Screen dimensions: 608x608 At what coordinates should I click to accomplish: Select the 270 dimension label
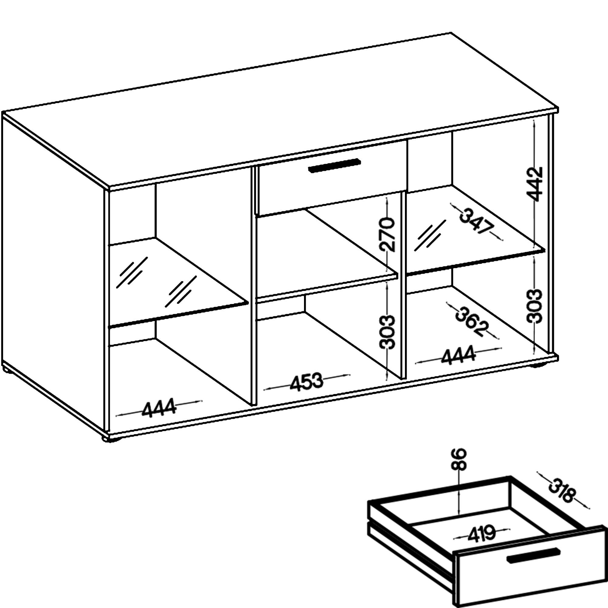click(x=387, y=234)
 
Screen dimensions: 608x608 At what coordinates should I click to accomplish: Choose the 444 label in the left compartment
click(x=159, y=408)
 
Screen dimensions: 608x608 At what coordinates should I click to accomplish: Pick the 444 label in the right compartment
click(x=458, y=355)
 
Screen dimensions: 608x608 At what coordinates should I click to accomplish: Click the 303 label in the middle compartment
click(x=387, y=332)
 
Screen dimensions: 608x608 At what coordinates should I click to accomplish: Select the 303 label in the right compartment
click(x=535, y=306)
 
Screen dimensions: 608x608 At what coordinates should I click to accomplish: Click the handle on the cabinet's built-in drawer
click(x=334, y=166)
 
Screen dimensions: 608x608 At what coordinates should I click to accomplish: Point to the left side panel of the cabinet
click(x=54, y=274)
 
